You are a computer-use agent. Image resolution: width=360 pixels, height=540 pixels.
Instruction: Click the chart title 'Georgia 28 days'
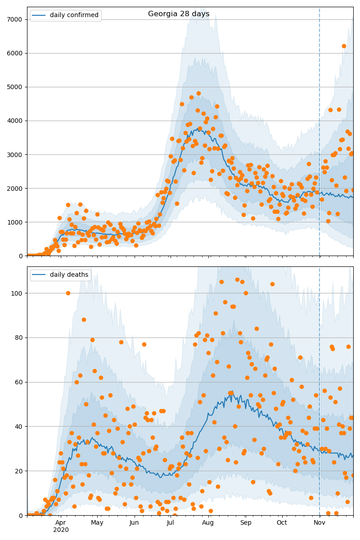coord(179,14)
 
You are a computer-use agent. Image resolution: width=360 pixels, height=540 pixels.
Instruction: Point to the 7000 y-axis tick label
coord(15,19)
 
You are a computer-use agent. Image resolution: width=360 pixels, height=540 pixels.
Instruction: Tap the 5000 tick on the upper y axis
coord(15,87)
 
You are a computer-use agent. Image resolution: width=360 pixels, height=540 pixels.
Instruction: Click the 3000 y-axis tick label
coord(15,154)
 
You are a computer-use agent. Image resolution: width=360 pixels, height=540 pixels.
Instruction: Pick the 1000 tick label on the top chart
coord(15,222)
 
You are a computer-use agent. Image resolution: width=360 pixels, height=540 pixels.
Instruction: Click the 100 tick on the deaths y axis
coord(18,293)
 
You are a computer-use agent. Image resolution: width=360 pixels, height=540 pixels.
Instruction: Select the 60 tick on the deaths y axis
coord(20,382)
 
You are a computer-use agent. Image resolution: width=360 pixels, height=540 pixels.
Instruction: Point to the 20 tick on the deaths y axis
coord(20,471)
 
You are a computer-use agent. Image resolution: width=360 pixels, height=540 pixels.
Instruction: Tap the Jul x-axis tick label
coord(171,522)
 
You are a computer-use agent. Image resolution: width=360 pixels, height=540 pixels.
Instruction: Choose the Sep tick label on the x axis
coord(245,522)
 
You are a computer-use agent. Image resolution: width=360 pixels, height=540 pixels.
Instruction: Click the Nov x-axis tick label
coord(319,522)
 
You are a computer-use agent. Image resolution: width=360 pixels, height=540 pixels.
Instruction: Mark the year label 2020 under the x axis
coord(61,530)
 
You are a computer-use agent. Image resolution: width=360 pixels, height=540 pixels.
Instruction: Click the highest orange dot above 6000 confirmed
coord(344,46)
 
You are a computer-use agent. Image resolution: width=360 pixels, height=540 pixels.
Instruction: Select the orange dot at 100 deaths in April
coord(68,293)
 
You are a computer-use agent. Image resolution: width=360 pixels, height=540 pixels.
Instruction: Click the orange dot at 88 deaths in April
coord(84,319)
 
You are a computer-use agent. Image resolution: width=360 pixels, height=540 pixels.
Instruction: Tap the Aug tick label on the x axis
coord(208,522)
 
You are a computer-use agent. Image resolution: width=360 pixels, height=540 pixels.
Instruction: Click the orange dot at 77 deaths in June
coord(144,344)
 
